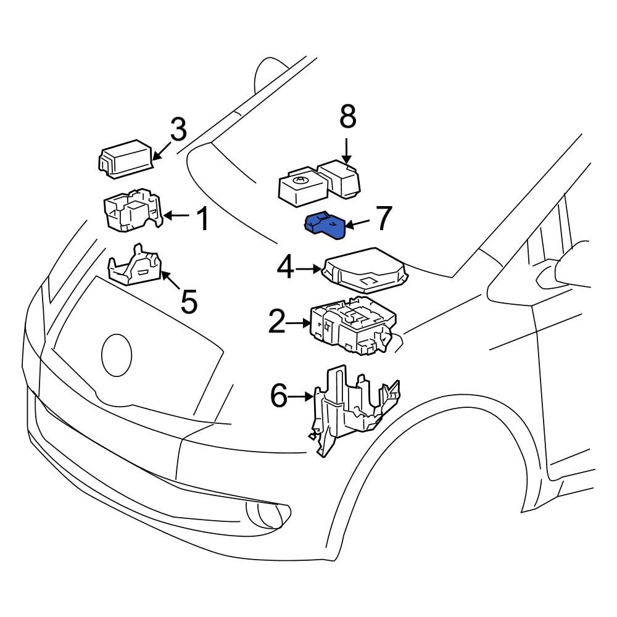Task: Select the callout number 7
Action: point(384,218)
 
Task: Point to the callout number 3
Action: point(178,130)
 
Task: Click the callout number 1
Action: point(202,219)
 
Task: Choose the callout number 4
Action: point(285,269)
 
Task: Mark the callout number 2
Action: point(277,321)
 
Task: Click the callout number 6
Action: point(279,396)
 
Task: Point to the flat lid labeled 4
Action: point(364,270)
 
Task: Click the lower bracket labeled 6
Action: point(352,407)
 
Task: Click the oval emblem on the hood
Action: point(117,355)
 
